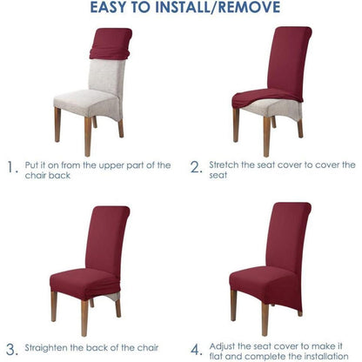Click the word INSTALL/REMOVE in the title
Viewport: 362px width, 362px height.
(x=218, y=7)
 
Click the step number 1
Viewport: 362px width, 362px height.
(x=11, y=168)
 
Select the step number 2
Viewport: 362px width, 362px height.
(x=196, y=167)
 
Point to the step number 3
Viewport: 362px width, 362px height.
(x=12, y=350)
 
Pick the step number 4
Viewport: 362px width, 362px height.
(x=197, y=349)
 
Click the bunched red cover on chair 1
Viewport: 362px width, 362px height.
(x=111, y=44)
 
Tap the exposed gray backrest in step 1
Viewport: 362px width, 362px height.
(x=106, y=77)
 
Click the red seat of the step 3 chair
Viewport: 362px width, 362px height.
(x=84, y=283)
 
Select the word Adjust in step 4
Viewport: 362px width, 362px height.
(x=222, y=346)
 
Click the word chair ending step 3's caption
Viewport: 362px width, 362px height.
(x=148, y=347)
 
